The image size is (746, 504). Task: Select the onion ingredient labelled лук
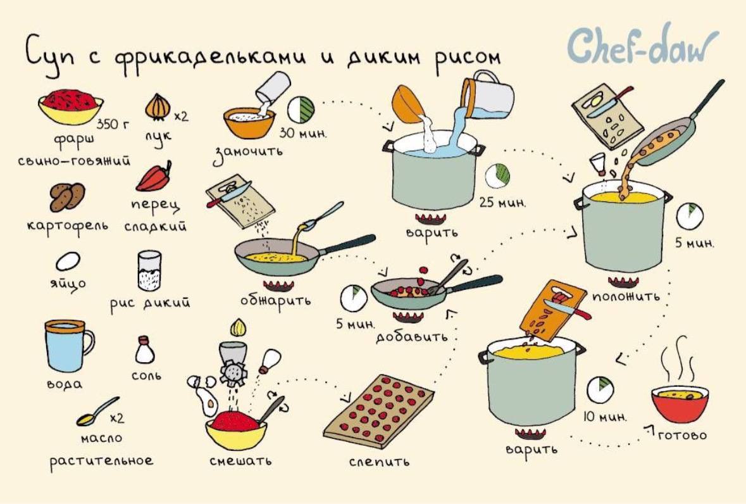pos(158,106)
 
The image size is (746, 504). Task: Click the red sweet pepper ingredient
pos(154,177)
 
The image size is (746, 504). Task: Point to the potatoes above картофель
pos(68,197)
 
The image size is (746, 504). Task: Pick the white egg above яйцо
pos(68,261)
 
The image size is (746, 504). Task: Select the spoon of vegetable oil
pos(98,411)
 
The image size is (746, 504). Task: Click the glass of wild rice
pos(149,270)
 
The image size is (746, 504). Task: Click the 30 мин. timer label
pos(303,133)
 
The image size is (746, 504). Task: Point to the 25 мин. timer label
pos(502,203)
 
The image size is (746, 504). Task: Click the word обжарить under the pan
pos(275,301)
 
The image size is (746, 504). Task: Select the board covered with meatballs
pos(379,411)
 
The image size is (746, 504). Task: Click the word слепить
pos(379,462)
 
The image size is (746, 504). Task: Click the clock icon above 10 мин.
pos(600,390)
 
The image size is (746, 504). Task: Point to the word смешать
pos(240,461)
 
